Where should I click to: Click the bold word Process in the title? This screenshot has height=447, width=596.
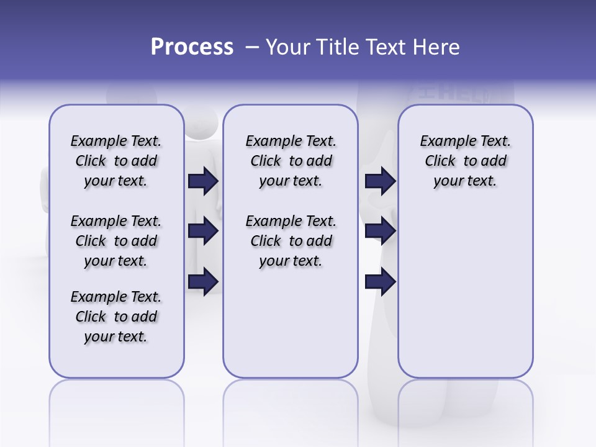point(192,47)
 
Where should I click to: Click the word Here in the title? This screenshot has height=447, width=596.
point(435,47)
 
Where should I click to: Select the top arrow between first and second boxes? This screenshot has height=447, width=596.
point(203,181)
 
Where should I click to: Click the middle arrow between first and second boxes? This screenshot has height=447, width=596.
point(203,232)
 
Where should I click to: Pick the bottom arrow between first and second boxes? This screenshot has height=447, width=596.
point(203,282)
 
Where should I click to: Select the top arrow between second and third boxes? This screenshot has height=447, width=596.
point(380,181)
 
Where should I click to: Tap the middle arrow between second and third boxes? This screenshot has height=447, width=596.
point(380,232)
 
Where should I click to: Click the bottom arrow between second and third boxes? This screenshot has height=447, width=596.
point(380,282)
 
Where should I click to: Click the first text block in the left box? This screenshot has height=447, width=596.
point(116,161)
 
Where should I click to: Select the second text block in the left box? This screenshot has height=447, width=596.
point(116,241)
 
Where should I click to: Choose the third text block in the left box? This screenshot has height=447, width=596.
point(116,317)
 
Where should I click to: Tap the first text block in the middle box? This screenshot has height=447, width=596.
point(291,161)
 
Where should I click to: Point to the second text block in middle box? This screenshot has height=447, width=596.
point(291,241)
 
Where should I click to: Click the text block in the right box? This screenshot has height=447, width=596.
point(465,161)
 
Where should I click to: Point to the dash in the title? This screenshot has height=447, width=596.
point(252,48)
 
